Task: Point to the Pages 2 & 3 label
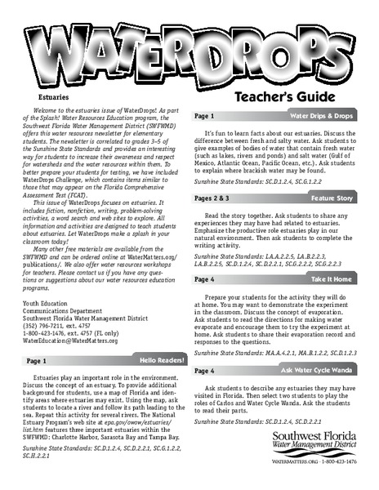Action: click(219, 198)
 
